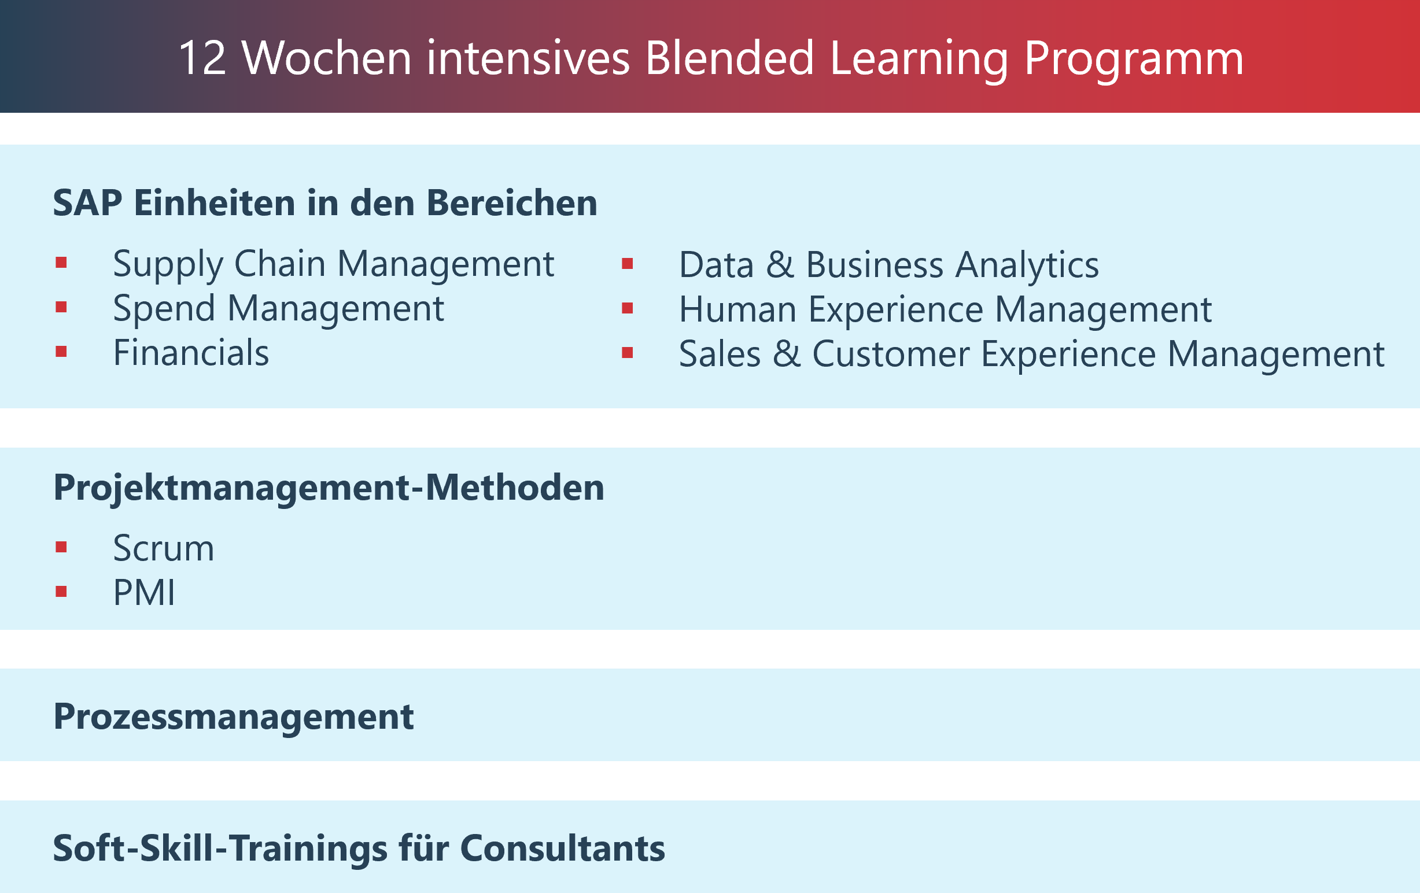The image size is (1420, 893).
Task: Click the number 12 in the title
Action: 202,58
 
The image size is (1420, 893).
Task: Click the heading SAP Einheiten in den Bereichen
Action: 325,203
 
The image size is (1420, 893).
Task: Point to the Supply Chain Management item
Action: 333,264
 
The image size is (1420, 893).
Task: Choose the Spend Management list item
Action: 278,309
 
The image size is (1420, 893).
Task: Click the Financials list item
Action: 191,353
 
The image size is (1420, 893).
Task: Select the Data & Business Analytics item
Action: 888,265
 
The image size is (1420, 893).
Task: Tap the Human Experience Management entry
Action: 945,310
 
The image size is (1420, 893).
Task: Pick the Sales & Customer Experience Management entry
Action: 1031,355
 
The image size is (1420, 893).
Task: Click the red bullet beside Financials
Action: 61,352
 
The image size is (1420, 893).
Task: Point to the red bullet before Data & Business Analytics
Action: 628,264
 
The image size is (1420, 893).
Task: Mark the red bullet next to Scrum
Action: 61,547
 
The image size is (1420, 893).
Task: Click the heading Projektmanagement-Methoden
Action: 329,488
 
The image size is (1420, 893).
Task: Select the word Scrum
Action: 163,548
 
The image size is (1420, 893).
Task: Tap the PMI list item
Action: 144,593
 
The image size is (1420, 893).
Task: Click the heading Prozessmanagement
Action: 234,717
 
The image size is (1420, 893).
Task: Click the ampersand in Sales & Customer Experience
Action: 787,354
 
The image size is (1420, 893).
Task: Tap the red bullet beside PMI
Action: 61,592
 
